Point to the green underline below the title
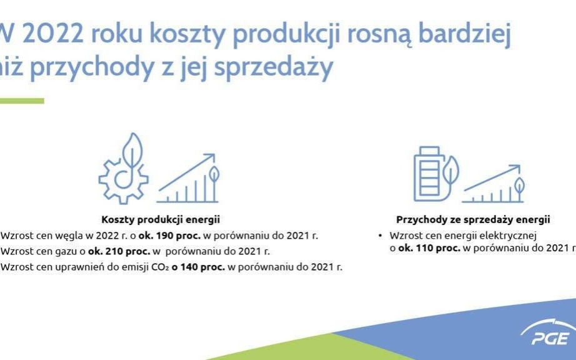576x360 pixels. click(x=22, y=101)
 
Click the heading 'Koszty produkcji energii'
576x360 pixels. click(x=161, y=219)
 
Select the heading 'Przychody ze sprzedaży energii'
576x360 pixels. click(x=473, y=219)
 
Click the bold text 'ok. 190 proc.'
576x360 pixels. click(x=171, y=236)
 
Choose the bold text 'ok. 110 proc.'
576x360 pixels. click(x=428, y=247)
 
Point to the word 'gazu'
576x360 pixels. click(x=65, y=251)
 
